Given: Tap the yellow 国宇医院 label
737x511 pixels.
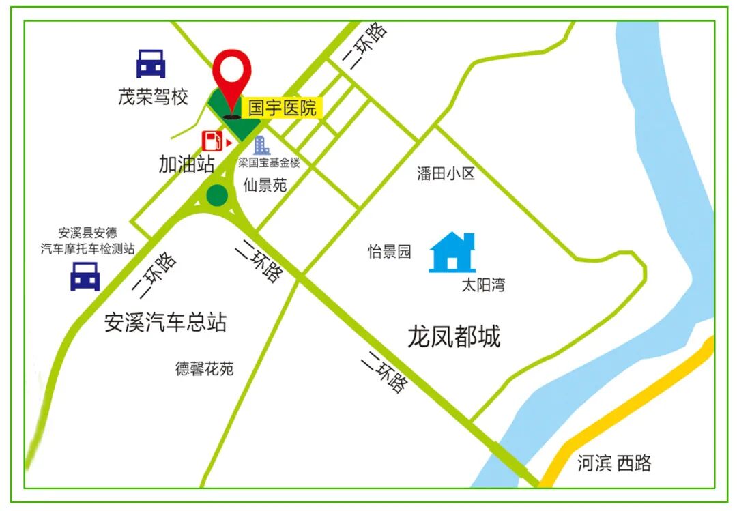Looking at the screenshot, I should pos(282,108).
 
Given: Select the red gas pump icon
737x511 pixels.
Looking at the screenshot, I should pos(212,141).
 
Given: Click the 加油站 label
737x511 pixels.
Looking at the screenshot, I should pos(186,164).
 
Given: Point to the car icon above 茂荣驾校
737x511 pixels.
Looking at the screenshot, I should pos(150,63).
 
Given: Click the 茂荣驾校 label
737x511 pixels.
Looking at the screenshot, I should pos(153,98).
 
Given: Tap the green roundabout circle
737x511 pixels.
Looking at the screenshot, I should pos(217,195).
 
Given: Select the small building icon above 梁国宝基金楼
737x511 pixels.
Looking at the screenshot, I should pos(261,145).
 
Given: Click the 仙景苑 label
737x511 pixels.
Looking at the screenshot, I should pos(265,186).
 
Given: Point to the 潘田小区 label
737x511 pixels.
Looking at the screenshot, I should pos(446,174).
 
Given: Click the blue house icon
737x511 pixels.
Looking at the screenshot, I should pos(452,252).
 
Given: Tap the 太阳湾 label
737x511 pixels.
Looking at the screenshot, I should pos(483,285).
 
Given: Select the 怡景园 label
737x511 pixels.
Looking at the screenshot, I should pos(390,252).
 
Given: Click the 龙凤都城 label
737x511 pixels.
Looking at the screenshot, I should pos(454,336).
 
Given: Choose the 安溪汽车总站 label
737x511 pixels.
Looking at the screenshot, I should pos(165,322).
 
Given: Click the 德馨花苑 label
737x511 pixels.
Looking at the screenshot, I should pos(204,369).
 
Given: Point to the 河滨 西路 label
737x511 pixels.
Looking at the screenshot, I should pos(614,464).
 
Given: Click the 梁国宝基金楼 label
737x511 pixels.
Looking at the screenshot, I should pos(269,163).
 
